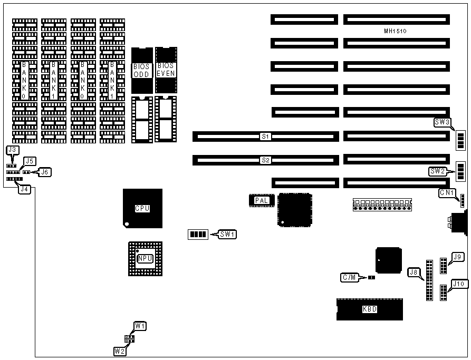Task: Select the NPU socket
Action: point(146,258)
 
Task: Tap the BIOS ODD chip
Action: point(141,70)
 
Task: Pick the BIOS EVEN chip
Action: point(166,70)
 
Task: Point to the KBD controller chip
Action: point(369,309)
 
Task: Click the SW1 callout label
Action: point(228,233)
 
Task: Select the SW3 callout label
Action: point(442,122)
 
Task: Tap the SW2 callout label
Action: point(438,171)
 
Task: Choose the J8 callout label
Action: point(415,273)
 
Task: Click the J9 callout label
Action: point(458,257)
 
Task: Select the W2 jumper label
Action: point(119,351)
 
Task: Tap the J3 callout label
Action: point(13,150)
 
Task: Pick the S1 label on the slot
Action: point(266,137)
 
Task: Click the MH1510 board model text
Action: point(395,31)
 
